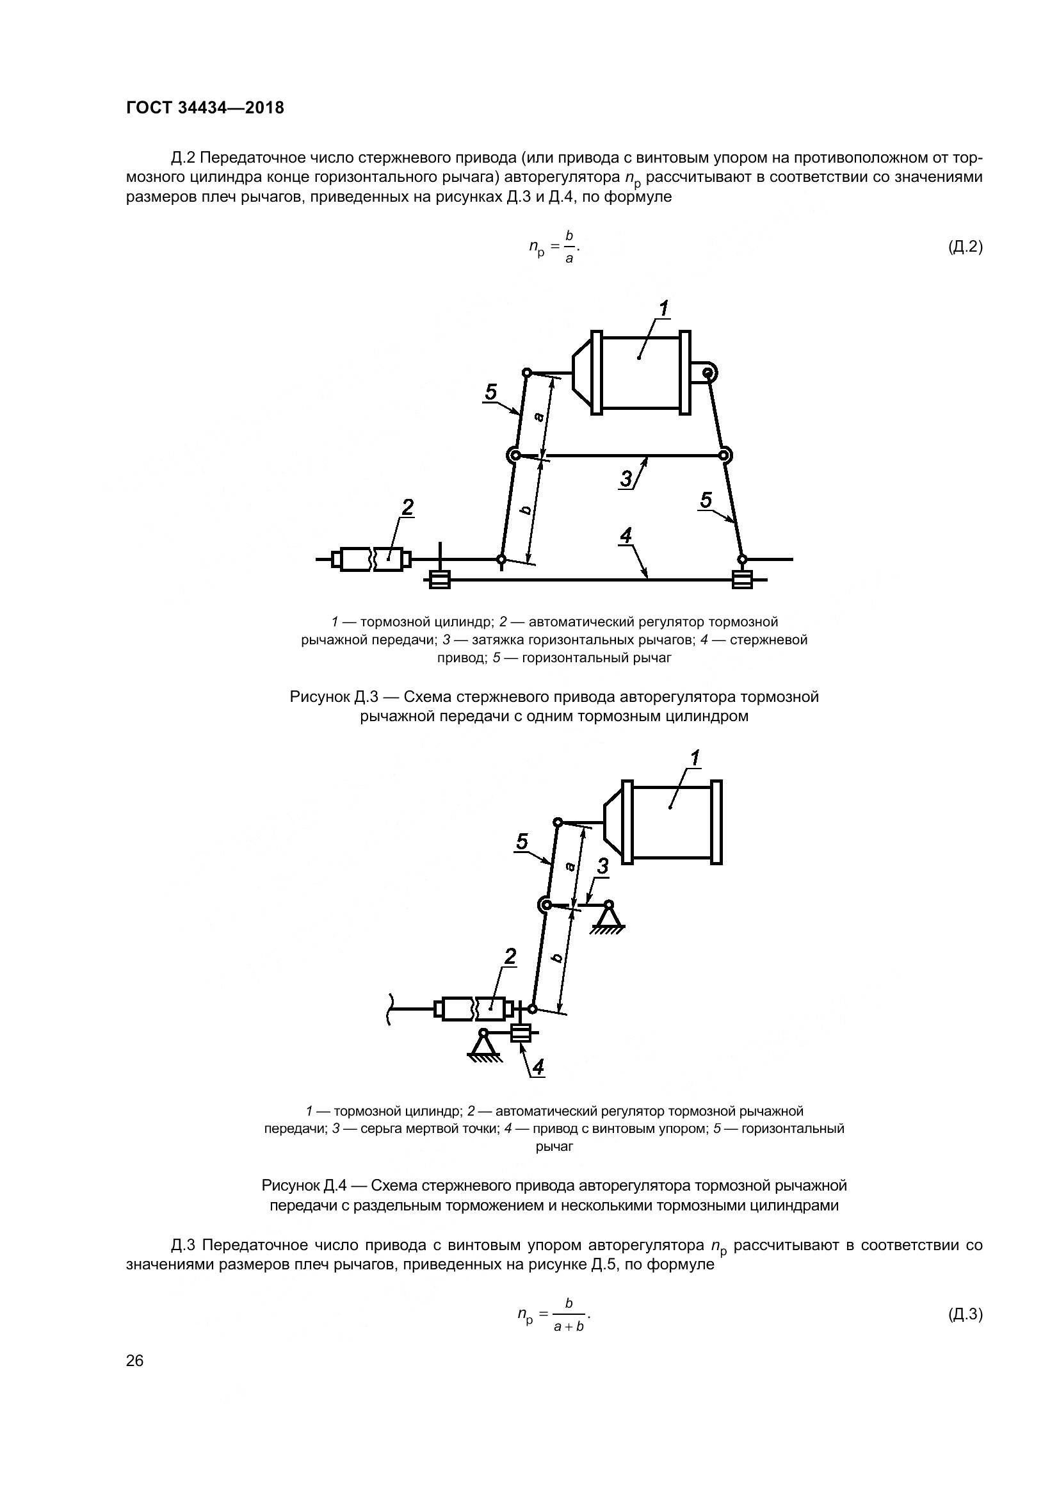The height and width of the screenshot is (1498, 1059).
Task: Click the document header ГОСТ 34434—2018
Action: point(205,108)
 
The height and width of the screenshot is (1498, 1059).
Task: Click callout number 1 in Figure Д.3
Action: point(663,308)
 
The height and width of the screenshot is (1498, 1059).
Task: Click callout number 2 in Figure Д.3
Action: point(408,507)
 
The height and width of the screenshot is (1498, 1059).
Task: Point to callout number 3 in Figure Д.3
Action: point(626,480)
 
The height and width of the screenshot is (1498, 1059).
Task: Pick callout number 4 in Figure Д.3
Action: point(626,536)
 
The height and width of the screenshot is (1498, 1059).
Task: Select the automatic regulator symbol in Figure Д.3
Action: point(372,559)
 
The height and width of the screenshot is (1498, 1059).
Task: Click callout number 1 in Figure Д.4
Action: point(695,758)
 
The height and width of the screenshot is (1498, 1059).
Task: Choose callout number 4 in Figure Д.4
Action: point(538,1067)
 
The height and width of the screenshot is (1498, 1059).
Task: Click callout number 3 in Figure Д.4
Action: point(603,867)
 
